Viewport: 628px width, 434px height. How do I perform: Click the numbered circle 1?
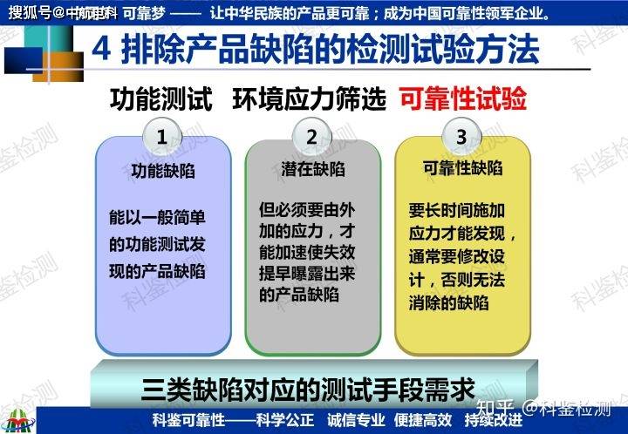pyautogui.click(x=162, y=136)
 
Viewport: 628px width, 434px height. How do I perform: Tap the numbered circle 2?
pyautogui.click(x=311, y=136)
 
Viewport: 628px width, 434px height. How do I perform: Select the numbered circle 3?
pyautogui.click(x=461, y=136)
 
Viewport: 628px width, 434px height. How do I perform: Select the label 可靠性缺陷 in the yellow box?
pyautogui.click(x=461, y=169)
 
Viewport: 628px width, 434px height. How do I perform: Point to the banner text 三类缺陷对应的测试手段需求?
pyautogui.click(x=313, y=385)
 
